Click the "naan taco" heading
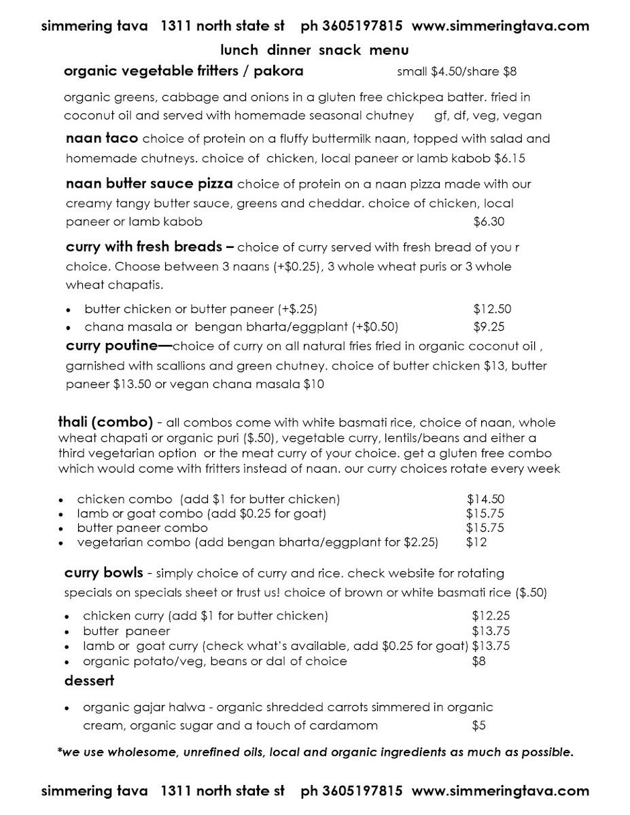click(102, 139)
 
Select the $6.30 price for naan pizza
click(489, 221)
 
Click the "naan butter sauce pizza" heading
click(150, 184)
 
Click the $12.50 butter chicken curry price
click(492, 309)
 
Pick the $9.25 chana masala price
click(489, 327)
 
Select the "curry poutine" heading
click(111, 346)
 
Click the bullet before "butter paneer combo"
click(61, 528)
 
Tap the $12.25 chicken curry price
click(491, 616)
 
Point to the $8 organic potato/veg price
click(478, 661)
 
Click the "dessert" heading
click(89, 680)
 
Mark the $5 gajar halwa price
click(478, 725)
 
